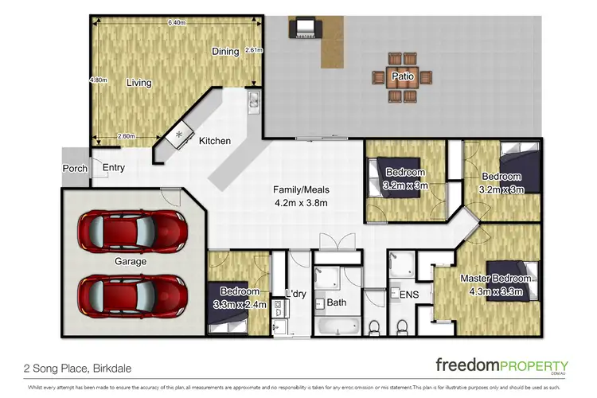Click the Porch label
tap(74, 168)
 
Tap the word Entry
tap(114, 167)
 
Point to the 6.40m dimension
tap(177, 23)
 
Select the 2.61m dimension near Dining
tap(253, 49)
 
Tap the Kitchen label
tap(214, 141)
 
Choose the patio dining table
tap(400, 77)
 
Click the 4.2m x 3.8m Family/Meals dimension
tap(300, 203)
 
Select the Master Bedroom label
tap(495, 279)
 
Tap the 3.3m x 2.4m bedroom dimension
tap(240, 304)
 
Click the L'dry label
tap(295, 295)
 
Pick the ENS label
tap(408, 295)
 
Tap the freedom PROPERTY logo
tap(501, 365)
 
